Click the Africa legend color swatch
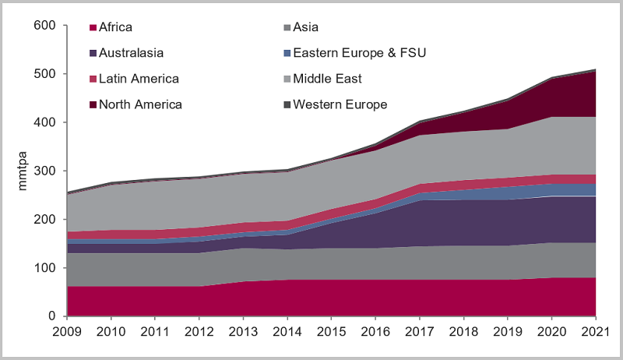[93, 27]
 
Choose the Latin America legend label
[139, 79]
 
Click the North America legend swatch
[93, 104]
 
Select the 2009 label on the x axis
[67, 331]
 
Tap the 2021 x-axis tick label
[595, 331]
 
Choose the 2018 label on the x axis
[463, 331]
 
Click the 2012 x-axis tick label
[199, 331]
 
